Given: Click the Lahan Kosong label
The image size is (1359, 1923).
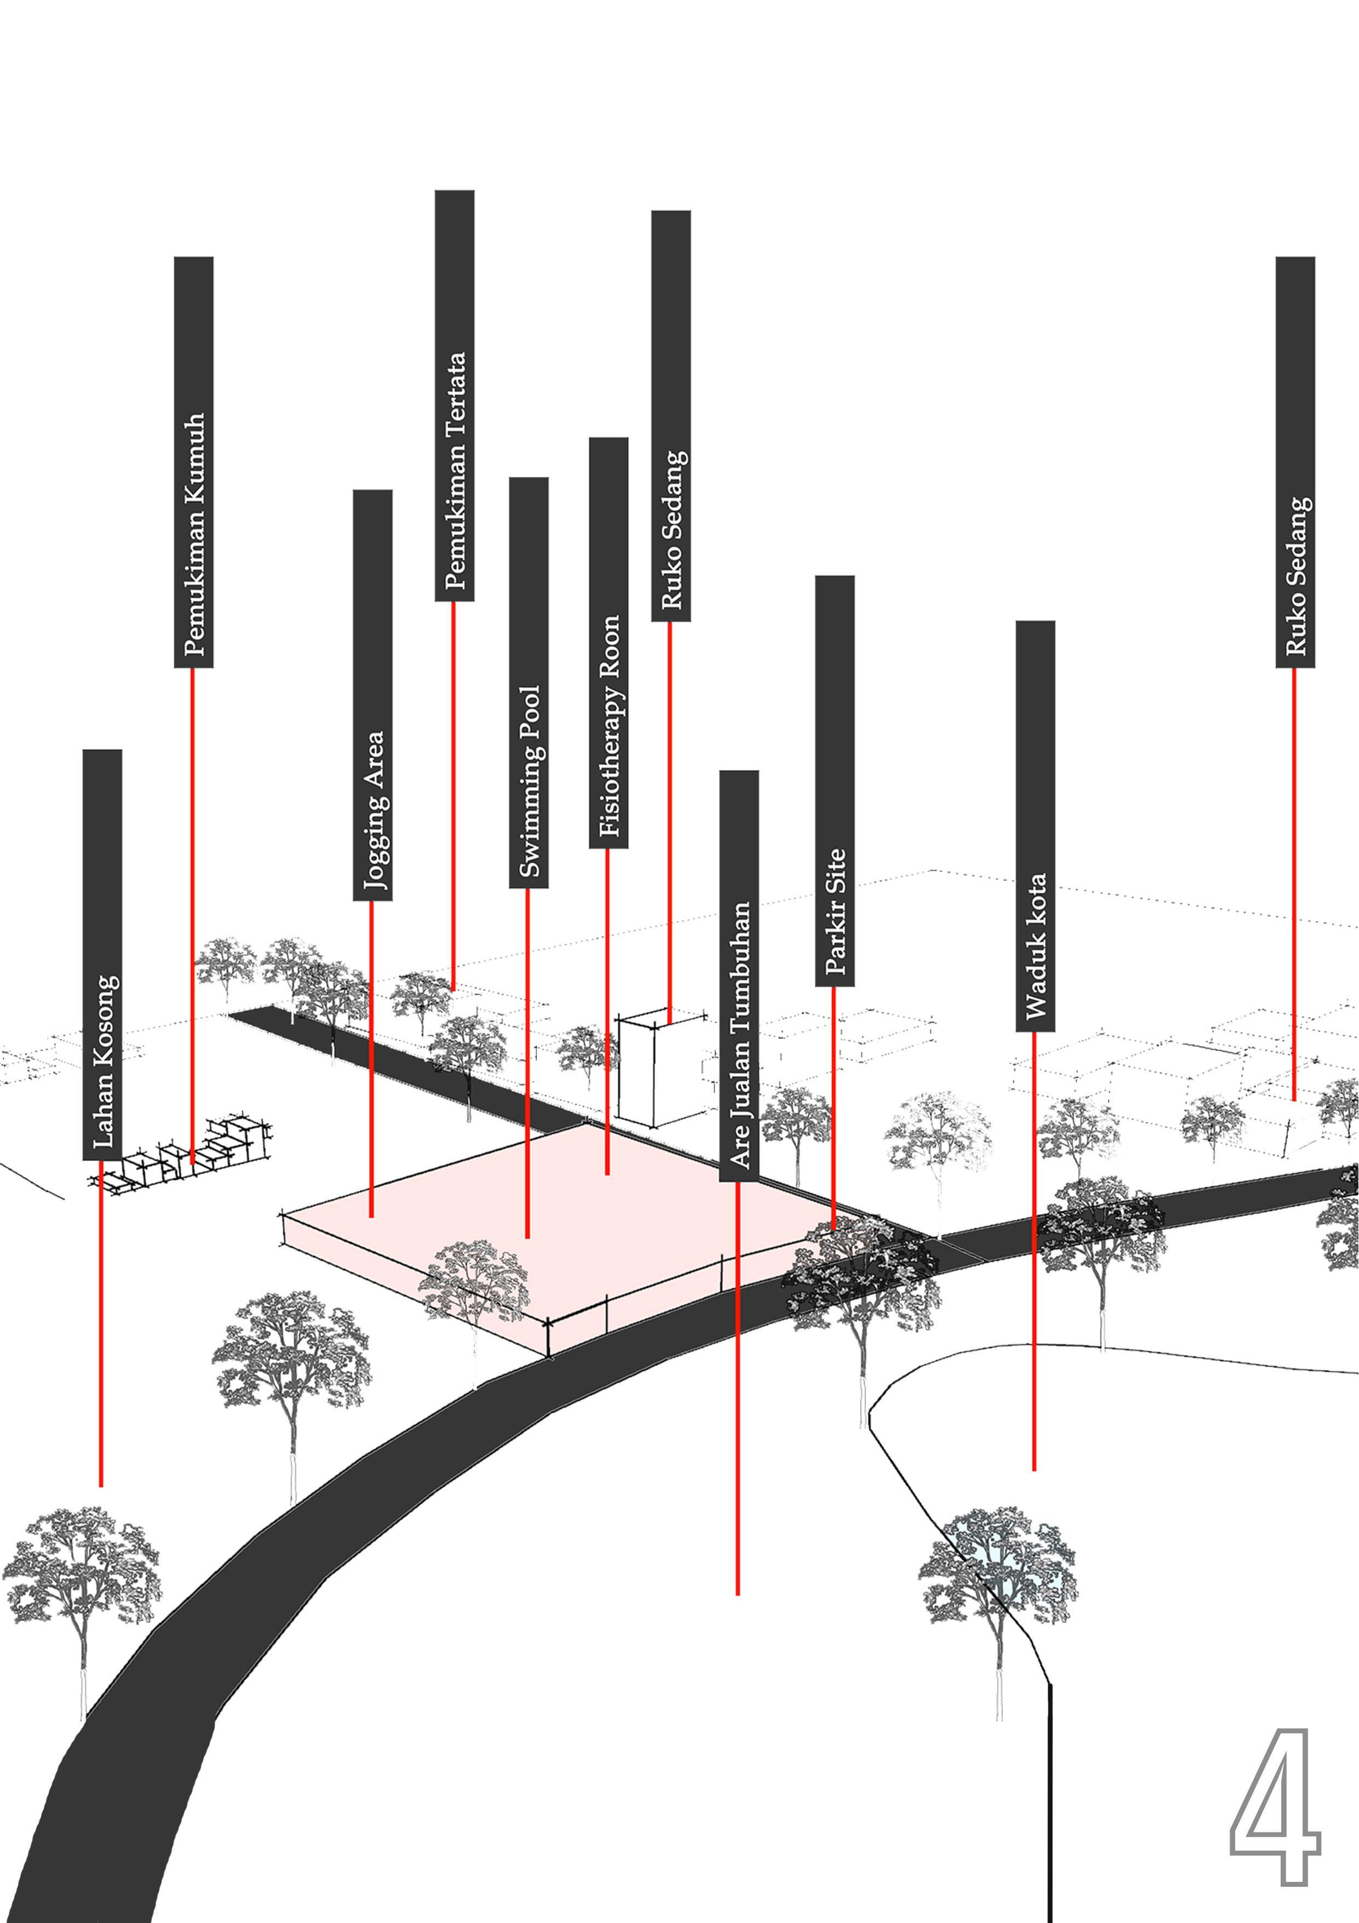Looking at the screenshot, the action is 102,955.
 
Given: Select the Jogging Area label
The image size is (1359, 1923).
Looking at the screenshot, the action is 372,695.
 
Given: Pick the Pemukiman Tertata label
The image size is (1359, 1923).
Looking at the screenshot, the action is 455,395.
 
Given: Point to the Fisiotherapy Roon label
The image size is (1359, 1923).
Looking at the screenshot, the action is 609,642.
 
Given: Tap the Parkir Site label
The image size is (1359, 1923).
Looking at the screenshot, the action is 835,780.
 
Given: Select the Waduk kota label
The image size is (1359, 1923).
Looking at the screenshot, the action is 1035,826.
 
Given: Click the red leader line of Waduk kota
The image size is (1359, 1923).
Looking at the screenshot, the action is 1034,1256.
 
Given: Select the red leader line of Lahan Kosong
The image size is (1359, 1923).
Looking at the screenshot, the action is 101,1323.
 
